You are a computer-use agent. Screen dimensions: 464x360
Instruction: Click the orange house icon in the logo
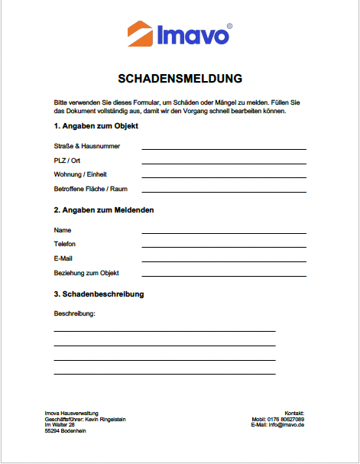[x=140, y=34]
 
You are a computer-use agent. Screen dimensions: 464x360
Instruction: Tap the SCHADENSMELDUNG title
[x=180, y=78]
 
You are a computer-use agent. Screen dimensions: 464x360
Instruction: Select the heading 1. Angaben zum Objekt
[x=96, y=126]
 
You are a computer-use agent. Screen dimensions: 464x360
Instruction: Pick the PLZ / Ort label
[x=67, y=161]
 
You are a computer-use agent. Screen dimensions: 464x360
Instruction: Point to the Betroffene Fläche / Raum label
[x=90, y=189]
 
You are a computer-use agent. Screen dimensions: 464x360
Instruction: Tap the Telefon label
[x=65, y=245]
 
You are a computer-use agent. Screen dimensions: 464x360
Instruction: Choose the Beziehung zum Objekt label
[x=86, y=273]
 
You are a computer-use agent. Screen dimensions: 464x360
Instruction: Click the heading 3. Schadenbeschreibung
[x=99, y=294]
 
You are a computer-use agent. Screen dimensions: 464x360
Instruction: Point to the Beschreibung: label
[x=74, y=314]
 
